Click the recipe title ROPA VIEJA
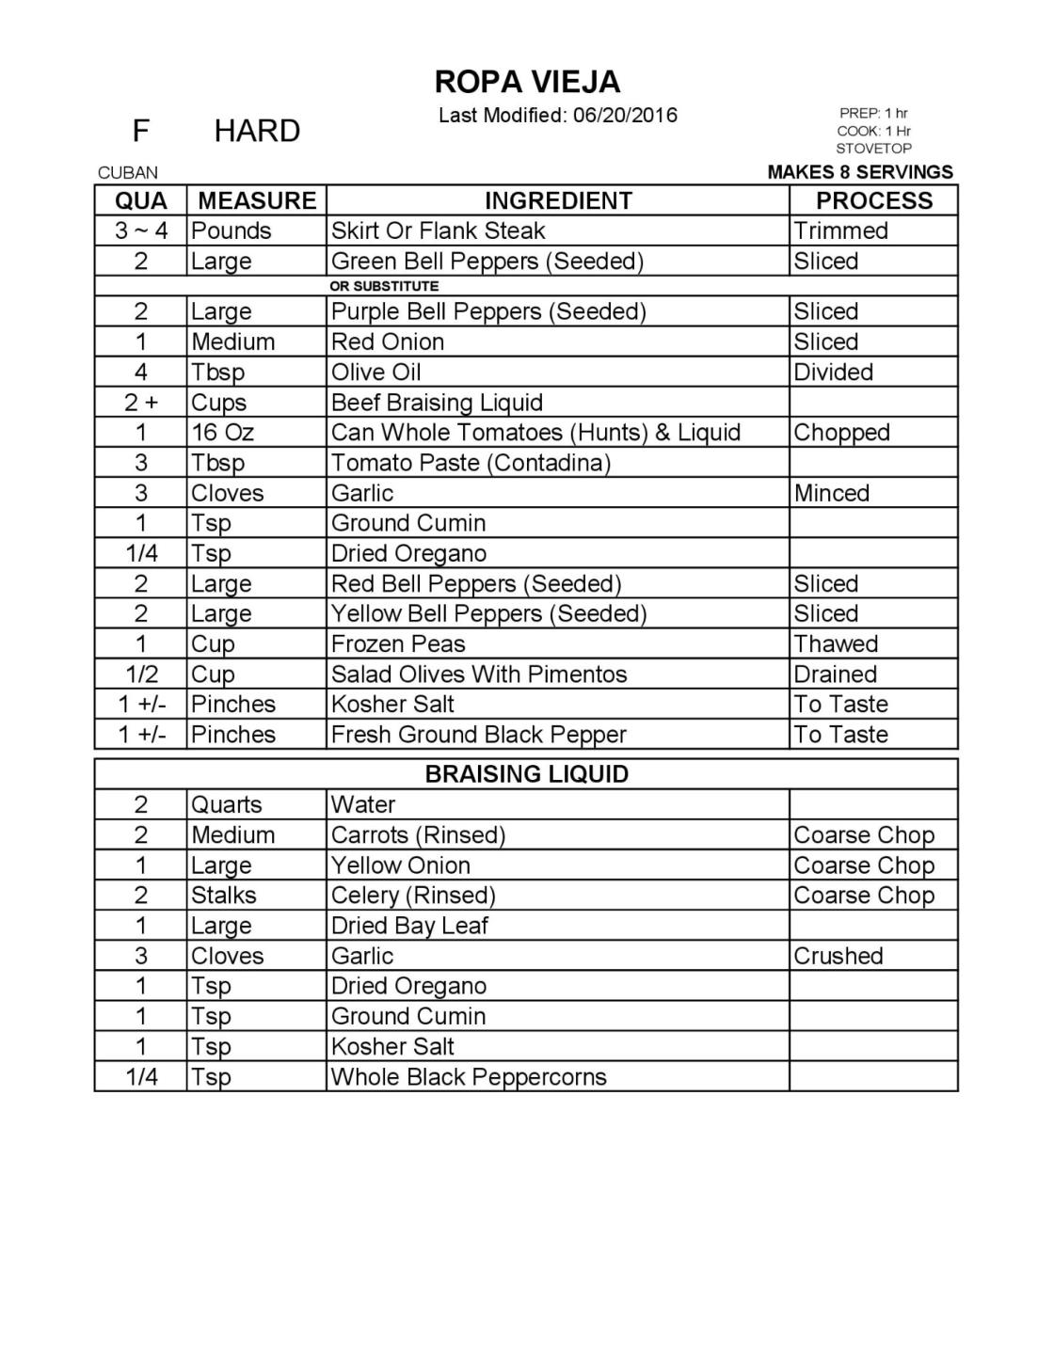click(527, 82)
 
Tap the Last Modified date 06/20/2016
click(625, 116)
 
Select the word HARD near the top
click(257, 131)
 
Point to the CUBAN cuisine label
click(128, 172)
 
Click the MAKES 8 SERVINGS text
click(860, 172)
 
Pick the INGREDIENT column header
click(558, 200)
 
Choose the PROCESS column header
click(873, 200)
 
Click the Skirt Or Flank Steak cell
click(438, 230)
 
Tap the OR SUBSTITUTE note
click(384, 285)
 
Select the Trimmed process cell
click(840, 230)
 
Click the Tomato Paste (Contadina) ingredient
click(471, 463)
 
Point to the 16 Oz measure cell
click(222, 433)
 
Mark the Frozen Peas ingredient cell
click(398, 644)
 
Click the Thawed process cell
click(836, 644)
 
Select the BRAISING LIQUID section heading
click(526, 774)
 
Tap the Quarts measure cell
click(226, 804)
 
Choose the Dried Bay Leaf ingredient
click(409, 926)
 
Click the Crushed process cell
click(838, 956)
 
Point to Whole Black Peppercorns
click(469, 1077)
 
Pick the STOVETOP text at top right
click(873, 149)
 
